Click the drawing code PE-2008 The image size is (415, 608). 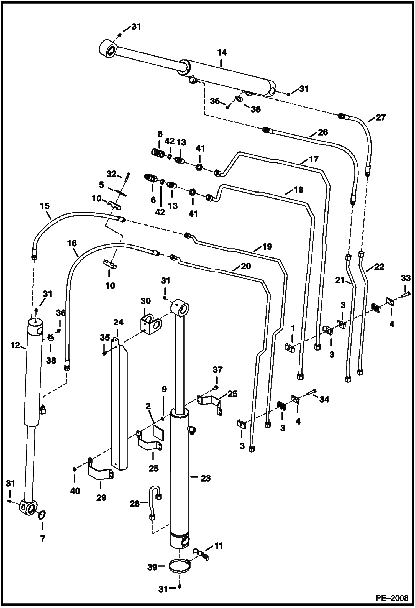pyautogui.click(x=392, y=598)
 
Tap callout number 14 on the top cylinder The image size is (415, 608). pyautogui.click(x=222, y=53)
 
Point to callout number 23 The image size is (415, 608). pyautogui.click(x=206, y=478)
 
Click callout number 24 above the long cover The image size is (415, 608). pyautogui.click(x=118, y=322)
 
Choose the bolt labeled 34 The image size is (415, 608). pyautogui.click(x=311, y=392)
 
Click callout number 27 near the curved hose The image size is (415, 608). pyautogui.click(x=380, y=117)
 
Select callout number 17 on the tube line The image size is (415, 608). pyautogui.click(x=313, y=160)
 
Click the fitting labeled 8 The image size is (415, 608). pyautogui.click(x=158, y=152)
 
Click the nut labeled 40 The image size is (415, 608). pyautogui.click(x=74, y=469)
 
